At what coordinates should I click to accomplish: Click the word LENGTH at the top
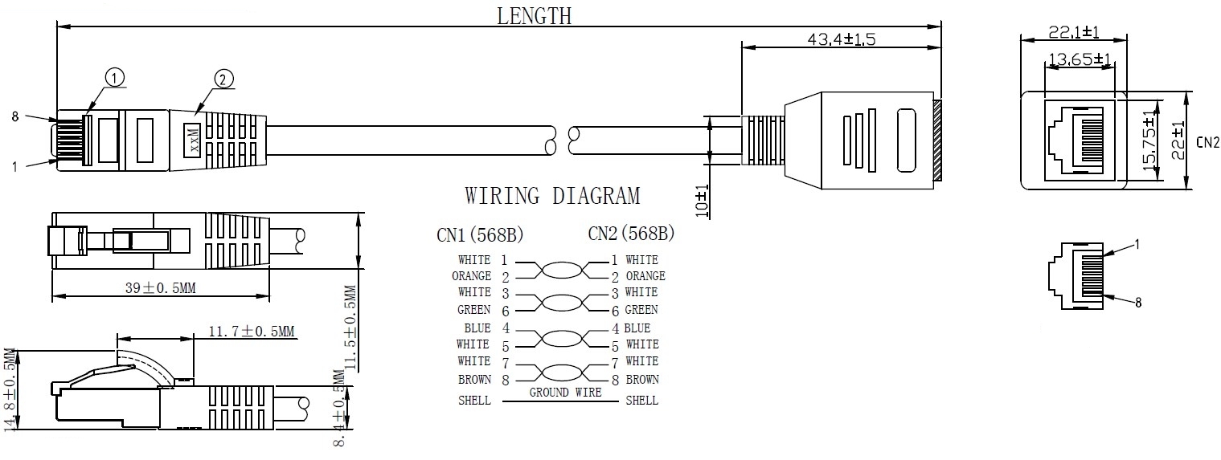(534, 15)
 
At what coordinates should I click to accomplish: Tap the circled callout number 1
(115, 78)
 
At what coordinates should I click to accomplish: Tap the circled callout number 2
(224, 78)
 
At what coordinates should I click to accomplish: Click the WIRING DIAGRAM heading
(552, 195)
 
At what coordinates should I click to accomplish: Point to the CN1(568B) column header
(480, 234)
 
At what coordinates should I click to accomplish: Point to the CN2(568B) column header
(631, 234)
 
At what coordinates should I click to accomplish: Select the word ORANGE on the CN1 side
(472, 276)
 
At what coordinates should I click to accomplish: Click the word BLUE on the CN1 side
(477, 328)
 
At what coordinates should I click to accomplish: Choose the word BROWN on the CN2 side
(642, 380)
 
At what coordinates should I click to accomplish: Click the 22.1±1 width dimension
(1074, 32)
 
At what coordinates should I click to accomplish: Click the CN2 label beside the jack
(1207, 143)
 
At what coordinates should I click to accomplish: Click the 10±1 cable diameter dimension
(701, 202)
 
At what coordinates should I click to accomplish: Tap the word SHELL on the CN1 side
(474, 400)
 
